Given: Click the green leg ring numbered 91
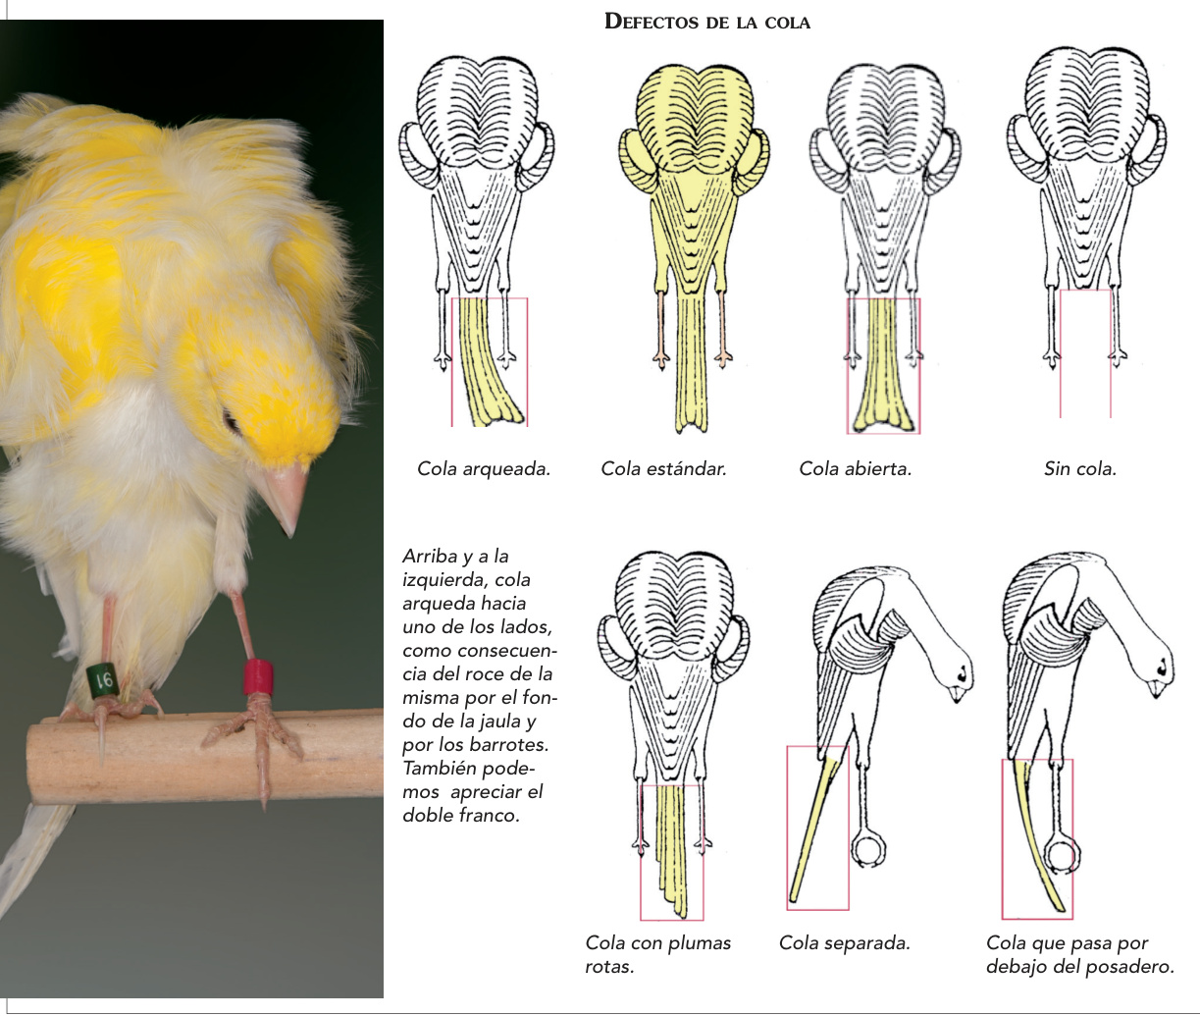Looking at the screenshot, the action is tap(103, 679).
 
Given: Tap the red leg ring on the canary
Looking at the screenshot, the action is tap(258, 676).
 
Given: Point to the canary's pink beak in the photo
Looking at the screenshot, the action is tap(287, 495).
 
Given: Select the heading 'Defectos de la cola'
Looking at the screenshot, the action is tap(707, 22).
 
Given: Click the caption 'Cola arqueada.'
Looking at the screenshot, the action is tap(484, 469).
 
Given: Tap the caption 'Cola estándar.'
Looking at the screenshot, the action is tap(663, 469).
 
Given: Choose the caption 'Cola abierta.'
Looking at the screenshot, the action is tap(856, 469).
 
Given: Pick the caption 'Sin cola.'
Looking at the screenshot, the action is tap(1080, 469).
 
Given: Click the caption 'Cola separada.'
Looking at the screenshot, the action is tap(844, 942).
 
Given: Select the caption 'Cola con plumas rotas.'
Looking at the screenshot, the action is tap(657, 954).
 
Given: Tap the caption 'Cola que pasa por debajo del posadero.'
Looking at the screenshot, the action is tap(1080, 954).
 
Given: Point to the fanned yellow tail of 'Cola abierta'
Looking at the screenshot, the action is tap(884, 366).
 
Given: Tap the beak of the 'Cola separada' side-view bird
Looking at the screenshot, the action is tap(956, 694).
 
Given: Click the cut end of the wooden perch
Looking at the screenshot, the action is tap(33, 761).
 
